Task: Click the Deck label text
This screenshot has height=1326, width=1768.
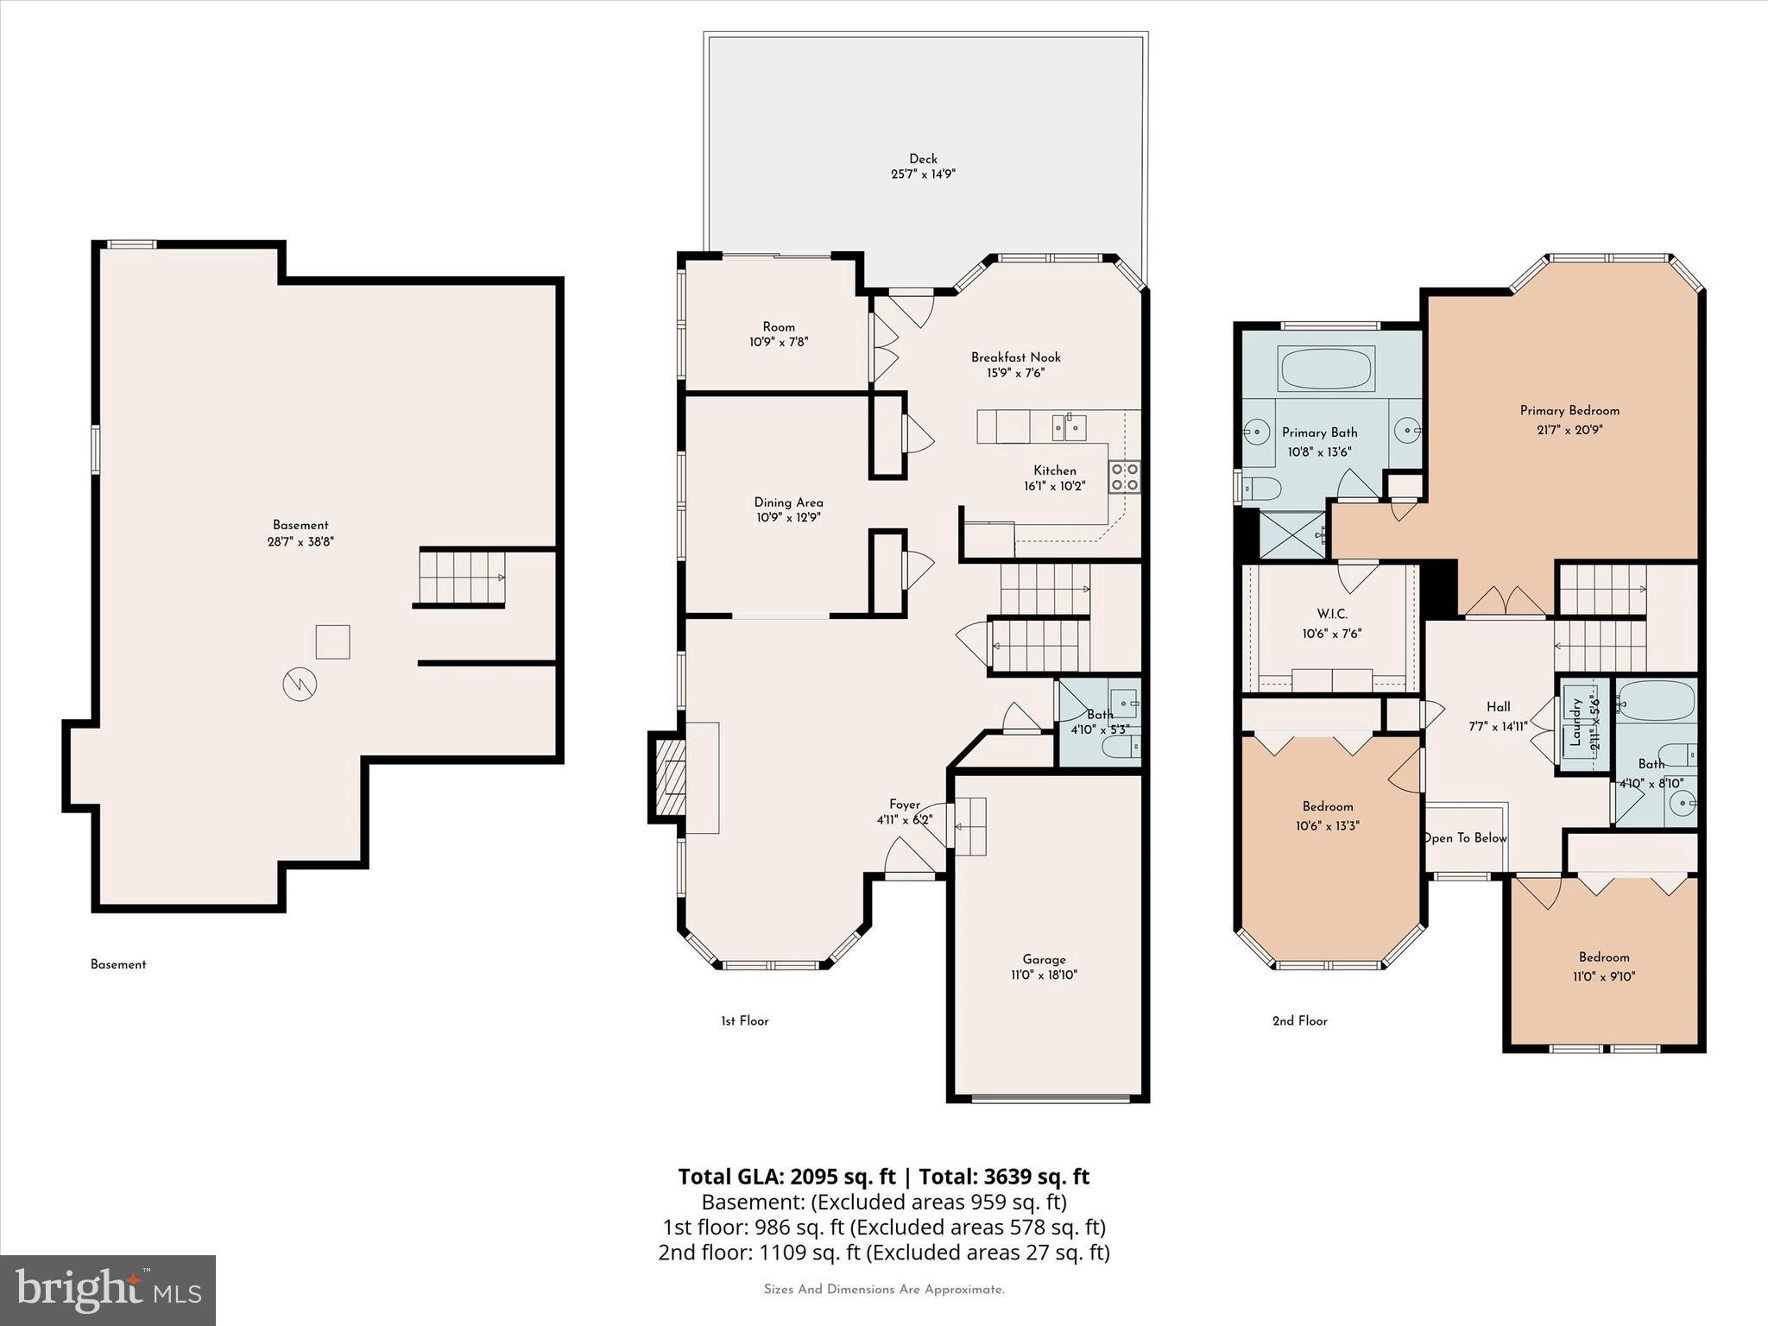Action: coord(923,159)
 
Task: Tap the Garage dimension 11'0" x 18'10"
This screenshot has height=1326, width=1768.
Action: coord(1044,976)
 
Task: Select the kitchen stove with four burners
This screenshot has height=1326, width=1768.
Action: coord(1124,477)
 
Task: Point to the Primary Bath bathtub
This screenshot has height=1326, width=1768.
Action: coord(1326,369)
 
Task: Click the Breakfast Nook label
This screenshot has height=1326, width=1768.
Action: coord(1015,357)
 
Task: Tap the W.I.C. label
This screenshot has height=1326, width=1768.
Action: coord(1331,615)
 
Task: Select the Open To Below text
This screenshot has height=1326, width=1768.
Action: coord(1465,838)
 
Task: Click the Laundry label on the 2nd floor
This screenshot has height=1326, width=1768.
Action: coord(1575,723)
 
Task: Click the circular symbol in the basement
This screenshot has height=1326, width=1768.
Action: coord(300,685)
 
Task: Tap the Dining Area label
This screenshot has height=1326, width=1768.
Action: coord(788,502)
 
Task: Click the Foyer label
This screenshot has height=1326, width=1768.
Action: coord(905,805)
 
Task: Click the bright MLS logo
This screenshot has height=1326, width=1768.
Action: coord(108,1290)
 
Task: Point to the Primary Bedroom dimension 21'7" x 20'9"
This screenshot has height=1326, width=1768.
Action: coord(1569,429)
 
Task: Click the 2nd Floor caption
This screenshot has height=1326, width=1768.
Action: coord(1299,1021)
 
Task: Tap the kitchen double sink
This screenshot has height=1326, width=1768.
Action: coord(1069,426)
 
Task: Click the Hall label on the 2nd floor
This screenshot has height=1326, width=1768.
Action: coord(1498,707)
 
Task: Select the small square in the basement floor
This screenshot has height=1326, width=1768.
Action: coord(332,641)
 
